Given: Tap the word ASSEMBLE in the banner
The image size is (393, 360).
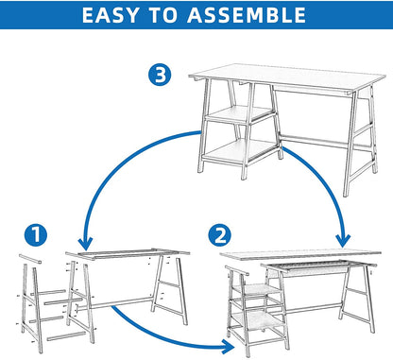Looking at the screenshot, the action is click(x=247, y=15).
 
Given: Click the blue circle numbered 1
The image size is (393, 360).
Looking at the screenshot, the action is click(x=36, y=235).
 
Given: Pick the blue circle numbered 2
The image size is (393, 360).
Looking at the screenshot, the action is click(x=219, y=235).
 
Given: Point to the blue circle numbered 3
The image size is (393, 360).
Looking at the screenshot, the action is click(x=160, y=75).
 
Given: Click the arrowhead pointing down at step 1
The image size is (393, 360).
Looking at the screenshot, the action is click(x=85, y=243).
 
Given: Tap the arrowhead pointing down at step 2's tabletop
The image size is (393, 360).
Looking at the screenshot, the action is click(x=343, y=241).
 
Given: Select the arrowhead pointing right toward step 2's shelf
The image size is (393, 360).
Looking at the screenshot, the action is click(x=229, y=347).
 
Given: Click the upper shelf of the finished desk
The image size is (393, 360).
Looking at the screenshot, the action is click(x=240, y=113).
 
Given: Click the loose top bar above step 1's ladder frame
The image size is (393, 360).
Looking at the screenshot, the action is click(x=30, y=259).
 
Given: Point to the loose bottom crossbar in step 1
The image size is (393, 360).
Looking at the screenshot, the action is click(x=66, y=336).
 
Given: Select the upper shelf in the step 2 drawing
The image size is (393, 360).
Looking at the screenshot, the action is click(x=256, y=289).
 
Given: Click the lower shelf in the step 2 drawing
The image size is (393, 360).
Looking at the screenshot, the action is click(x=258, y=320).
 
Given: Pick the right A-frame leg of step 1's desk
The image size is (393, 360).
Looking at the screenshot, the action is click(x=170, y=289).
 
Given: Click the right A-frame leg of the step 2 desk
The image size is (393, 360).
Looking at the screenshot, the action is click(x=357, y=299).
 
